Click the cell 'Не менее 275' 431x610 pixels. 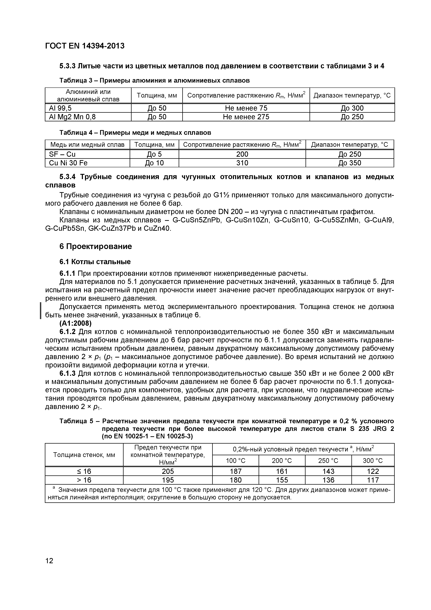246,117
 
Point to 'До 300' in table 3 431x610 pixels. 352,108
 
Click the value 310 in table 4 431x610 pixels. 242,163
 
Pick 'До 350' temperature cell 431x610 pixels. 349,163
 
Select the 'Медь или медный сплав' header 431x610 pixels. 87,145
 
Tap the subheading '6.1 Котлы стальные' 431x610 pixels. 95,262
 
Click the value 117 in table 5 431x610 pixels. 373,480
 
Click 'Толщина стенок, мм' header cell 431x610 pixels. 84,455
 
